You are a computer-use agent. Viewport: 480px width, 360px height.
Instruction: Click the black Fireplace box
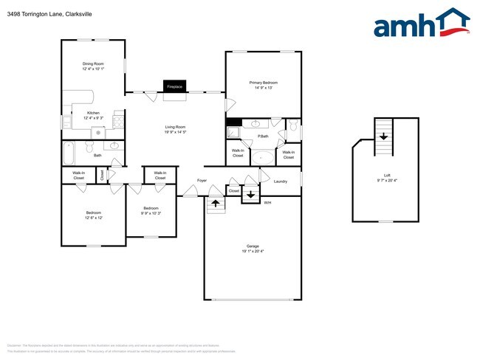point(174,86)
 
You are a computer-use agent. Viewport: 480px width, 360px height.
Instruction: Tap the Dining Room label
point(93,66)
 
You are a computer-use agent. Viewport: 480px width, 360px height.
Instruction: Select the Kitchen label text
point(93,115)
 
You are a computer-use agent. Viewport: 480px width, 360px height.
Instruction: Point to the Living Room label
point(175,131)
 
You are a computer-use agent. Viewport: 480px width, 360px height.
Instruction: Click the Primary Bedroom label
point(263,84)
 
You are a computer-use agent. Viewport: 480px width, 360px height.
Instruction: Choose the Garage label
point(253,248)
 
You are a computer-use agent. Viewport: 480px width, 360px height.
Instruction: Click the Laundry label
point(280,181)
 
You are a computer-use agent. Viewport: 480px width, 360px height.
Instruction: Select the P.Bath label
point(262,137)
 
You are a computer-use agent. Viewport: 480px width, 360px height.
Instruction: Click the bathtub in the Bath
point(69,155)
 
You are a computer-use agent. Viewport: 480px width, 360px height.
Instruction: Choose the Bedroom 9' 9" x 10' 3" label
point(151,210)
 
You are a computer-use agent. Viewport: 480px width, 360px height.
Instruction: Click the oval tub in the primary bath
point(262,157)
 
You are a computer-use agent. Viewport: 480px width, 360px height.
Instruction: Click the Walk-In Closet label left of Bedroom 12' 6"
point(79,176)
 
